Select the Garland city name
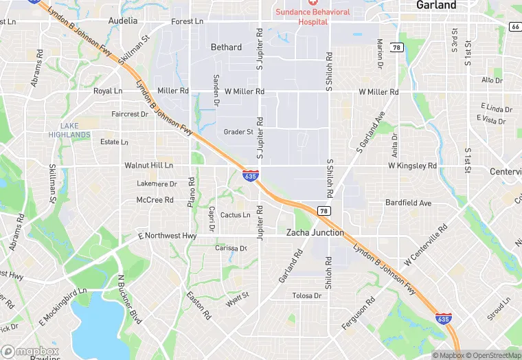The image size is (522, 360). point(436,5)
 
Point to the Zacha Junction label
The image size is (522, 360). point(315,233)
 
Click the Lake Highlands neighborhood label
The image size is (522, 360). point(69,130)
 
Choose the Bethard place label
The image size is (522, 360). point(226,47)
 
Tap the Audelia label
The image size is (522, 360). point(124,21)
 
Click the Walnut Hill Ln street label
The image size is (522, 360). point(148,166)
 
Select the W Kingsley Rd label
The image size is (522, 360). point(412,166)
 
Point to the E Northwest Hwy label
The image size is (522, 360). point(168,236)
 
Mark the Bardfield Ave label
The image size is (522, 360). point(408,203)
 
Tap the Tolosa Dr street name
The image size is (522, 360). point(307,295)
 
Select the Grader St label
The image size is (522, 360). point(238,132)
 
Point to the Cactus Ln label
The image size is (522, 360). point(236,215)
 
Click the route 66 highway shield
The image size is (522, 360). point(515,26)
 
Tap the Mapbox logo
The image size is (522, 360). point(30,351)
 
